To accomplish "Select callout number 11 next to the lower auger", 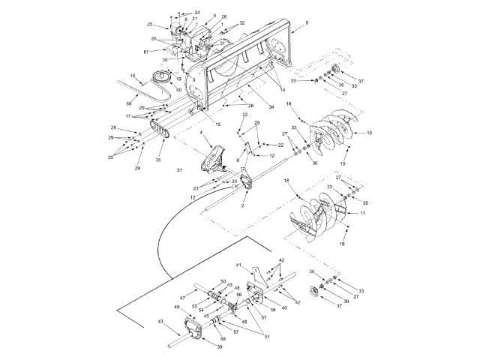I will (363, 214).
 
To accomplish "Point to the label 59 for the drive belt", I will (128, 102).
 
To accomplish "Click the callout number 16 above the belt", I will (133, 76).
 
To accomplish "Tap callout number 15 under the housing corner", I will (218, 124).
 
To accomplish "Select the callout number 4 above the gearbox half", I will (201, 135).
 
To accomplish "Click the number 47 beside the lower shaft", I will (182, 298).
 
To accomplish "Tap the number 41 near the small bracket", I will (239, 265).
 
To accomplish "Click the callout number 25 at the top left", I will (150, 25).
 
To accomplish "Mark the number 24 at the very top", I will (197, 13).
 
